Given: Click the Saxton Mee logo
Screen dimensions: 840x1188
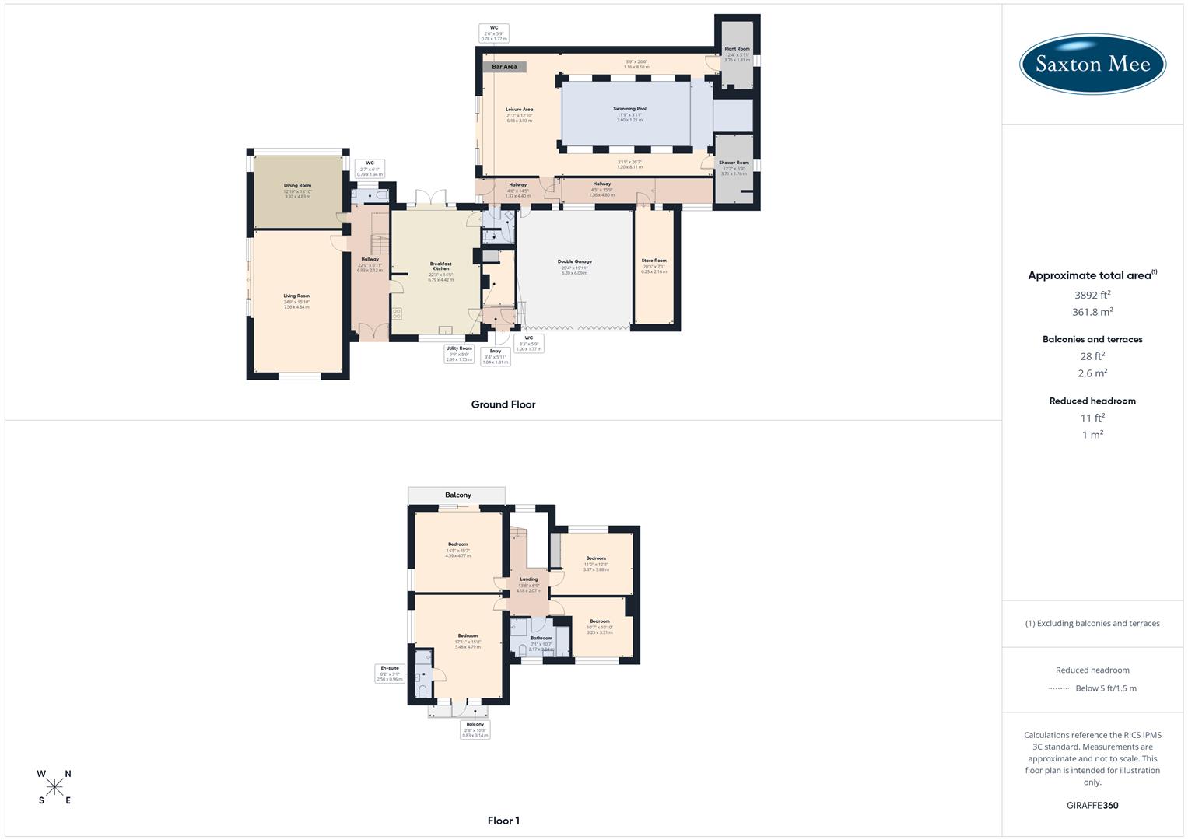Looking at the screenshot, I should coord(1092,65).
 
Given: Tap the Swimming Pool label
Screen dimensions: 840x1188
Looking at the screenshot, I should coord(629,109).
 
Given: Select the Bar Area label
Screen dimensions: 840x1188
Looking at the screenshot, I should coord(504,67).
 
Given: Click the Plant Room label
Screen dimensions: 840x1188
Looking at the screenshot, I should coord(737,49).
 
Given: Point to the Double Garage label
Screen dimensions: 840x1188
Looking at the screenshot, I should coord(575,261).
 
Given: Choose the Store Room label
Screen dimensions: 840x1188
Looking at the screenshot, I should coord(654,261).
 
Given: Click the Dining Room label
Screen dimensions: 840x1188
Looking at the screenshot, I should coord(297,186).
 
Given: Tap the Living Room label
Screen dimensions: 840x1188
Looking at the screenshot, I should coord(296,296).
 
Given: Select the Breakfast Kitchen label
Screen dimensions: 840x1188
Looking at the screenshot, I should coord(440,266).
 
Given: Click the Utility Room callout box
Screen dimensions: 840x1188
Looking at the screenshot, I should coord(459,354).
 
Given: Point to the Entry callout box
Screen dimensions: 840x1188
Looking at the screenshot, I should coord(496,356).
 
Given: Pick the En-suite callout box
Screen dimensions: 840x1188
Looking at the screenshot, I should coord(390,674).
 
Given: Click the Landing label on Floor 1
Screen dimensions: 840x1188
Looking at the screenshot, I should coord(528,579).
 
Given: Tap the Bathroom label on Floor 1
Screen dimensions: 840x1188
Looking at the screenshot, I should coord(541,639).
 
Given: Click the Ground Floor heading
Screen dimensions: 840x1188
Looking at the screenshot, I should coord(503,404).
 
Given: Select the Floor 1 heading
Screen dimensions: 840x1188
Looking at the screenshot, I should coord(503,821).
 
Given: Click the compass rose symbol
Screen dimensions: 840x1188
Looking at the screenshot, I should coord(54,787).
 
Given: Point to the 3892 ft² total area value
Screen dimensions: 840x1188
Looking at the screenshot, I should coord(1092,295).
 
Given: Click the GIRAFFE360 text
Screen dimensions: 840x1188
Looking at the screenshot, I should coord(1092,805).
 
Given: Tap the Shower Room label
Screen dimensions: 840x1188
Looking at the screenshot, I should coord(734,163).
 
